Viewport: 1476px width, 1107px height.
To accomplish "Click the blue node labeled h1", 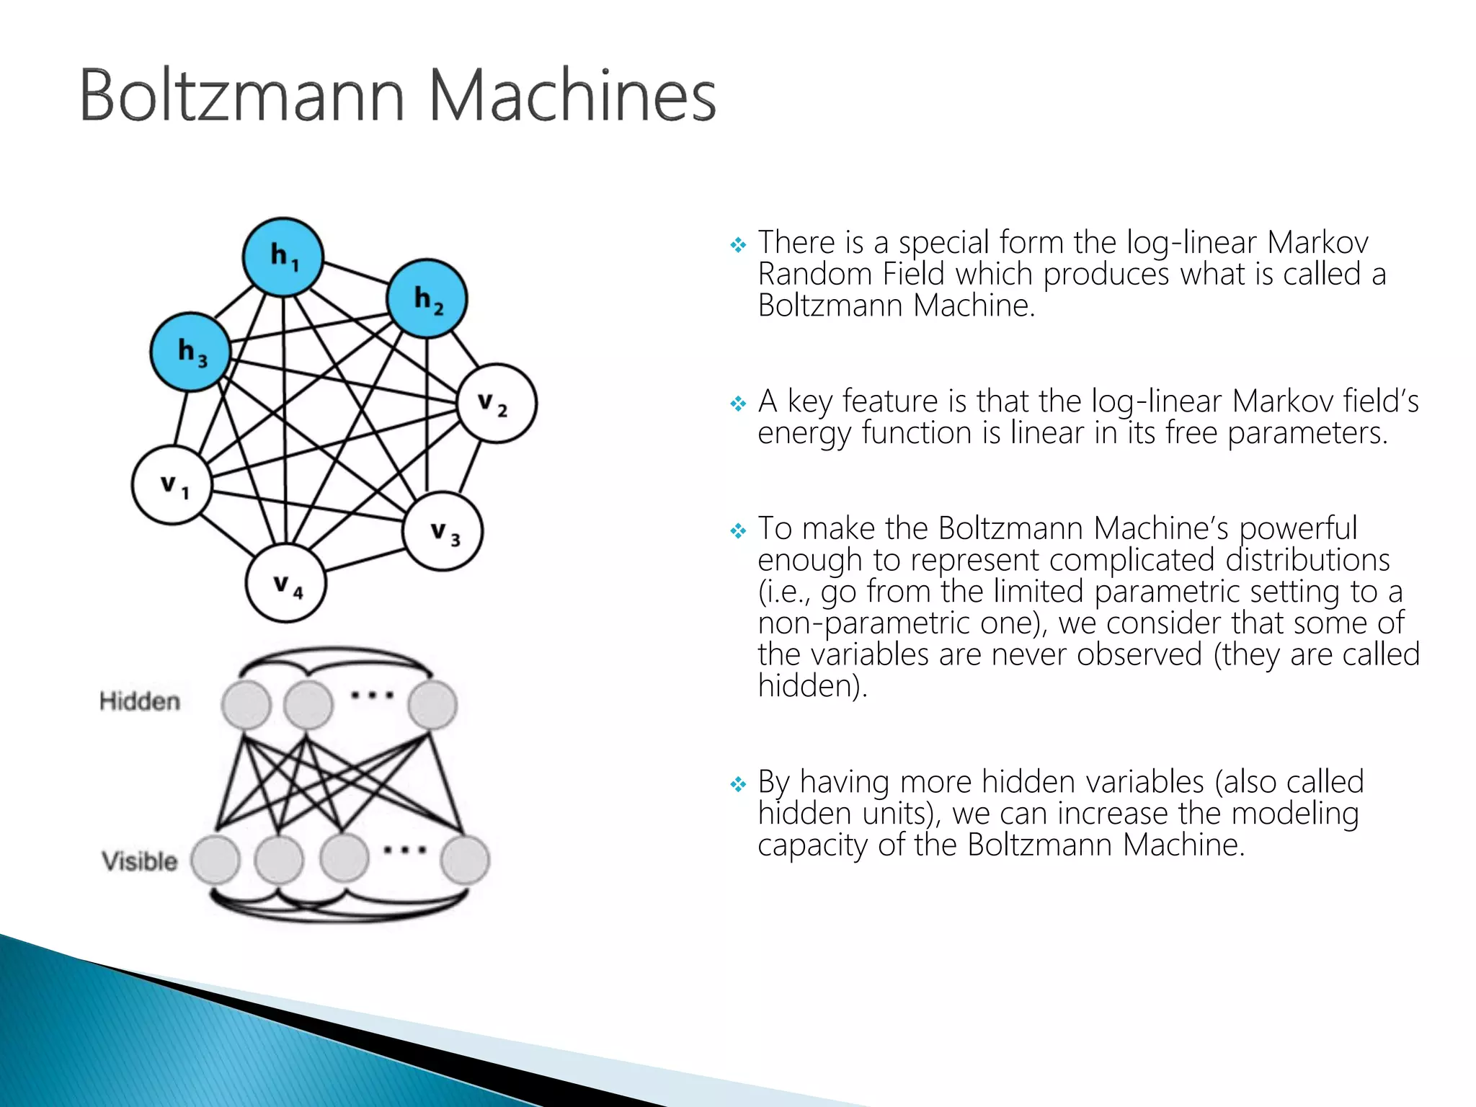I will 283,257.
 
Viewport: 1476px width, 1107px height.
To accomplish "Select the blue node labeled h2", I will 427,298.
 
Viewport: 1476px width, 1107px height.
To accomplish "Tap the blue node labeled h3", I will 190,352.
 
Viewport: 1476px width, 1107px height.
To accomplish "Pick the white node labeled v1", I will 172,485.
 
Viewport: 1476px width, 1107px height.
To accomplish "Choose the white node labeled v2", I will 497,404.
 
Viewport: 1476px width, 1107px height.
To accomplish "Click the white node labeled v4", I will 285,583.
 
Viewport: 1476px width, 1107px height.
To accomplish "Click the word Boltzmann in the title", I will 242,96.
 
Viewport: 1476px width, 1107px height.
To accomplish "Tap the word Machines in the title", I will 573,96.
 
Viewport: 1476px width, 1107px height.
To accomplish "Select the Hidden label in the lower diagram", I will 140,701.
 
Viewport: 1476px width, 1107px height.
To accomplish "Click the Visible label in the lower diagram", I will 140,861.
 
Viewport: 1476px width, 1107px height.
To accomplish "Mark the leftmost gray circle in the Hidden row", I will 246,705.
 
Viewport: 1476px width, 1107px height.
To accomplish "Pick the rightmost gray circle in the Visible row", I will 465,859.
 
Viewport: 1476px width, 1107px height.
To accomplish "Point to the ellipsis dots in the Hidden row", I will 372,695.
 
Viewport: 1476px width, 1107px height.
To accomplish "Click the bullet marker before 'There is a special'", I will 738,245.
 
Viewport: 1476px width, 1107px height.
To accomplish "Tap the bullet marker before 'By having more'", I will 738,784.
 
